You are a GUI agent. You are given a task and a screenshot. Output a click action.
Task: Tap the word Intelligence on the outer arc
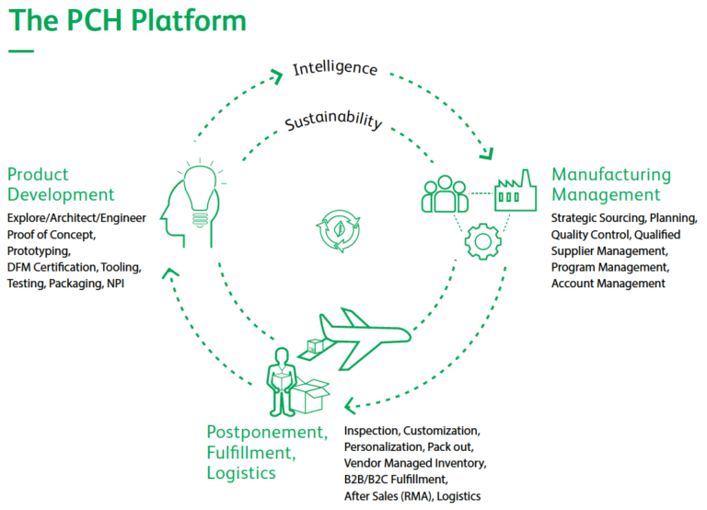pyautogui.click(x=335, y=67)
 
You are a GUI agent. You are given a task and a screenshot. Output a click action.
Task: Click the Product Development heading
pyautogui.click(x=61, y=184)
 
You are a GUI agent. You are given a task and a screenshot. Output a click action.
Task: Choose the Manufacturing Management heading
pyautogui.click(x=611, y=184)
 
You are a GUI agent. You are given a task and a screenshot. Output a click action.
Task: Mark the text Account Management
pyautogui.click(x=608, y=284)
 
